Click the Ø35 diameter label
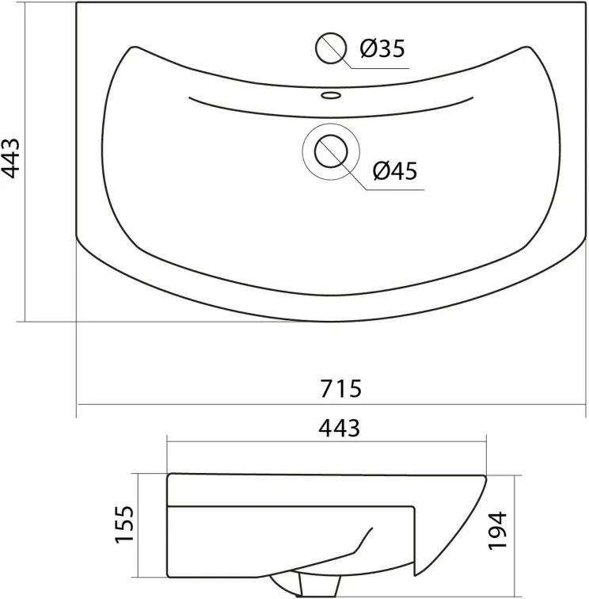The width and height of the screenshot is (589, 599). [x=382, y=48]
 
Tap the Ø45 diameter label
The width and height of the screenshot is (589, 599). [x=395, y=171]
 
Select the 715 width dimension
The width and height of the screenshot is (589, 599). [x=340, y=388]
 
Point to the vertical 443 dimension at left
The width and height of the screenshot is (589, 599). [x=10, y=158]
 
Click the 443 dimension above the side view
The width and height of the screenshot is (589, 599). [x=339, y=428]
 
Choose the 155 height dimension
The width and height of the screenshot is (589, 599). [x=125, y=524]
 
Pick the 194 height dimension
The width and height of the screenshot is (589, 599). [x=498, y=531]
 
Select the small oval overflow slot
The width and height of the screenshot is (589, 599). [x=331, y=95]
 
